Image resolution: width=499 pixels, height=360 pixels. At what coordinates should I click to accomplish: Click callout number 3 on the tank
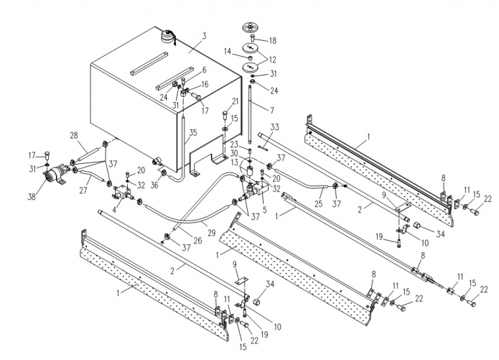tap(204, 36)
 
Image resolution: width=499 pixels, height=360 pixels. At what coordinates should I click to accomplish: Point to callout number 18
tap(272, 41)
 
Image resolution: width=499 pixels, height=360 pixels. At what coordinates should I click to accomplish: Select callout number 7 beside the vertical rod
tap(272, 111)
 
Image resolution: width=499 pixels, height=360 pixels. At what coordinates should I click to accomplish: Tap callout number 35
tap(193, 132)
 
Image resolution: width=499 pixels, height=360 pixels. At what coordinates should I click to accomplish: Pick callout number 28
tap(73, 135)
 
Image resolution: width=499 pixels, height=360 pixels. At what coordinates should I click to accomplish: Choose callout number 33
tap(274, 127)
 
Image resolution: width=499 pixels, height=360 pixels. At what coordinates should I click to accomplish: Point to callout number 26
tap(197, 240)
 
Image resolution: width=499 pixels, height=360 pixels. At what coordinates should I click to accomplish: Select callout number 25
tap(319, 203)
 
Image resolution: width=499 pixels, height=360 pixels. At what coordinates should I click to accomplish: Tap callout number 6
tap(204, 70)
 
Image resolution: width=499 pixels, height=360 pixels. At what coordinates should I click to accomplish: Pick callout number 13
tap(235, 162)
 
